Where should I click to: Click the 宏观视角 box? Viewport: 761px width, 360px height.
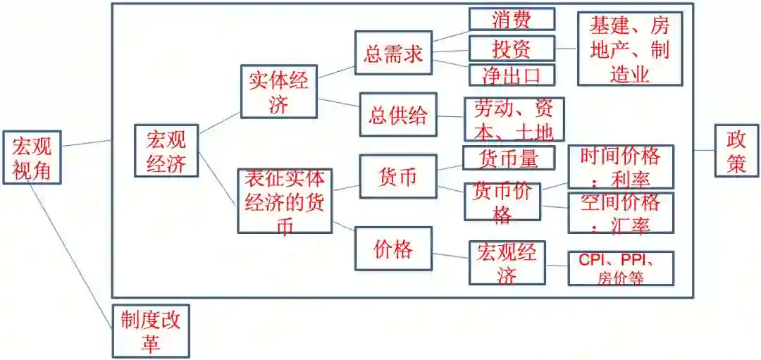(32, 156)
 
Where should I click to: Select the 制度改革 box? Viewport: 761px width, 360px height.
(151, 330)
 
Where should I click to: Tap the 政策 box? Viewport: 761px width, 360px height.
(736, 151)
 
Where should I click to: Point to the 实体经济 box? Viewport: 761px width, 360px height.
(279, 91)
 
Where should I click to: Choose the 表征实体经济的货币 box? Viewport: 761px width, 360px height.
(285, 201)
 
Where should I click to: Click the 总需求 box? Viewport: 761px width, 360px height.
(392, 54)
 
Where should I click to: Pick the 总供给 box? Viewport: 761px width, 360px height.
(398, 115)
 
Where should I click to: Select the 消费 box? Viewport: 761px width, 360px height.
(512, 19)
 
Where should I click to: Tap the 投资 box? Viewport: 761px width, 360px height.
(512, 49)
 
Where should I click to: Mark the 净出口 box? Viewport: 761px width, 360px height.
(512, 75)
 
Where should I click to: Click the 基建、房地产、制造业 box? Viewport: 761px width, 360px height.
(630, 49)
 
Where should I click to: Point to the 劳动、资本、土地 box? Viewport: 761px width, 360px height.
(514, 119)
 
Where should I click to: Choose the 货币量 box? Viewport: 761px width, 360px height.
(509, 159)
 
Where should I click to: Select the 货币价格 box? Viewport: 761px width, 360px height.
(502, 201)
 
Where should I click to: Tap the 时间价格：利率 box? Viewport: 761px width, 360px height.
(621, 167)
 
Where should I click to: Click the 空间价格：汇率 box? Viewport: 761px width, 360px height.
(621, 213)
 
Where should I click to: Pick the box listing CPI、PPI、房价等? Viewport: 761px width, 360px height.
(621, 268)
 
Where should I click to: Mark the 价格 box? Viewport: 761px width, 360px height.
(393, 249)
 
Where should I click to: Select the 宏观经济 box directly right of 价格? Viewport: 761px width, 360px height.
(507, 263)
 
